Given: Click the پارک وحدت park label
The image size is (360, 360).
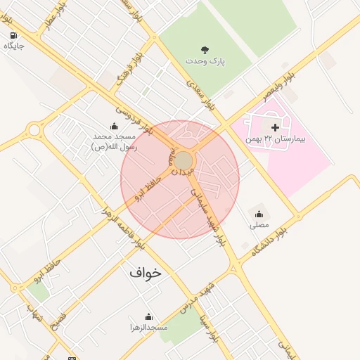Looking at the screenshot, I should pyautogui.click(x=205, y=62).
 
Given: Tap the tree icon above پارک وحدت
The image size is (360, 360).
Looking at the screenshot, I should pyautogui.click(x=205, y=49).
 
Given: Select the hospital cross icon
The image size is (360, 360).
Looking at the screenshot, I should pyautogui.click(x=274, y=127).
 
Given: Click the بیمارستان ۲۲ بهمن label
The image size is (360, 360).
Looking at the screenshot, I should pyautogui.click(x=276, y=140).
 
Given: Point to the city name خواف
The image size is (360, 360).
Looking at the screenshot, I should pyautogui.click(x=146, y=271).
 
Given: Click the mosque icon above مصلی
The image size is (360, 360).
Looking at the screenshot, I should pyautogui.click(x=259, y=214).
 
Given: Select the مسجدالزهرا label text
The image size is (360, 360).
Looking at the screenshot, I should pyautogui.click(x=148, y=328).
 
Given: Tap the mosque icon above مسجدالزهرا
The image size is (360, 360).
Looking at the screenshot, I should pyautogui.click(x=148, y=316).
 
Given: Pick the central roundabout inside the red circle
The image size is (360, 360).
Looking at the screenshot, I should pyautogui.click(x=184, y=162).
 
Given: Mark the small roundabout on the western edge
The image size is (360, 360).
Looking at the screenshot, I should pyautogui.click(x=34, y=129).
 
